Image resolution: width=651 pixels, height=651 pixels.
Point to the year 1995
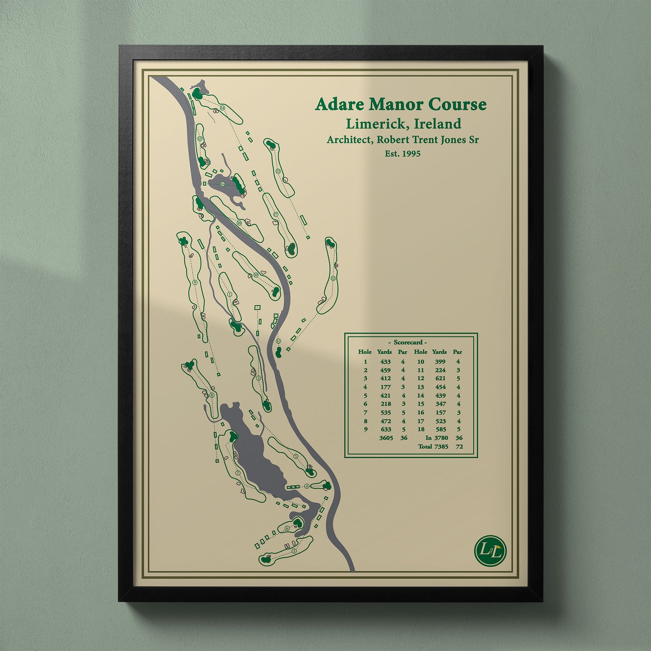[410, 154]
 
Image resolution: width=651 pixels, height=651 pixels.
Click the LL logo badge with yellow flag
[491, 550]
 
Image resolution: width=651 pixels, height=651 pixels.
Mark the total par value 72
[459, 446]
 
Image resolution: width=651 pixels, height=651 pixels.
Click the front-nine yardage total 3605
[386, 438]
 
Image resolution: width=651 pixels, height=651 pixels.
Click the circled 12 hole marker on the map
[332, 278]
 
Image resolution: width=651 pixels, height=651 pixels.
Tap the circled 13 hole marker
[278, 171]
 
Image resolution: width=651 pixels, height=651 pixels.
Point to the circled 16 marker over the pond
[222, 184]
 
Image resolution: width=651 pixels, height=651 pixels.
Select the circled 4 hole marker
[307, 486]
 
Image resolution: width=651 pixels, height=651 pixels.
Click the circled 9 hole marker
[195, 282]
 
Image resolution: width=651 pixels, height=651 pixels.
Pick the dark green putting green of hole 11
[279, 351]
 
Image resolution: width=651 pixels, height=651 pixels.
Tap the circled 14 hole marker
[222, 109]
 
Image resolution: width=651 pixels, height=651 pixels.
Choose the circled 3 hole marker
[296, 456]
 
